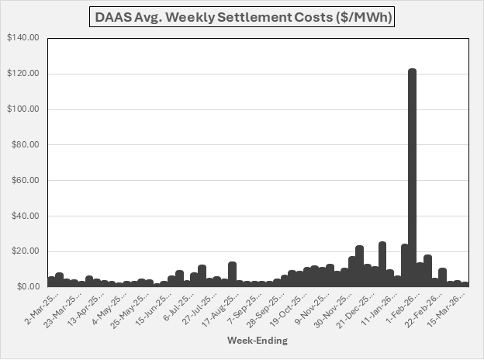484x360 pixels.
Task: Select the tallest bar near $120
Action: point(412,178)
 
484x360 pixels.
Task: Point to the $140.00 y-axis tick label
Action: point(23,38)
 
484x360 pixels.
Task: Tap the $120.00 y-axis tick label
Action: point(23,74)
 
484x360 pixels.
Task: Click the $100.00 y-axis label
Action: point(23,109)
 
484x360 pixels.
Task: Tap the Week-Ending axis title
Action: point(258,341)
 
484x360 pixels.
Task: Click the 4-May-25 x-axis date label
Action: point(105,304)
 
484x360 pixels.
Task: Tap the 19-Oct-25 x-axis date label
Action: point(286,305)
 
